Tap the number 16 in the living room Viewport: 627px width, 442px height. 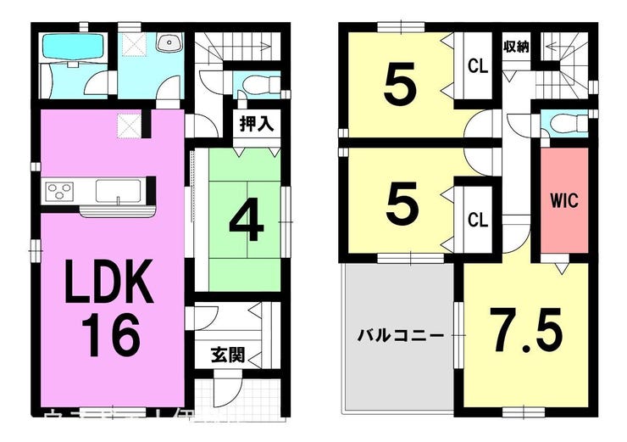tap(110, 335)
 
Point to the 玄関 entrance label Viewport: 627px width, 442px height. tap(228, 354)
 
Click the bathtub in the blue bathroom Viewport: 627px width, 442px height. tap(71, 49)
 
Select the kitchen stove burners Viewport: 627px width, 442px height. tap(60, 189)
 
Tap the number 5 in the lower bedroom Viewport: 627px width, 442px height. tap(401, 204)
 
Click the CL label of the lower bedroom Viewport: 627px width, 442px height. tap(478, 220)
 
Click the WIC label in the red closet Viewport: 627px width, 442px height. tap(564, 201)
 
